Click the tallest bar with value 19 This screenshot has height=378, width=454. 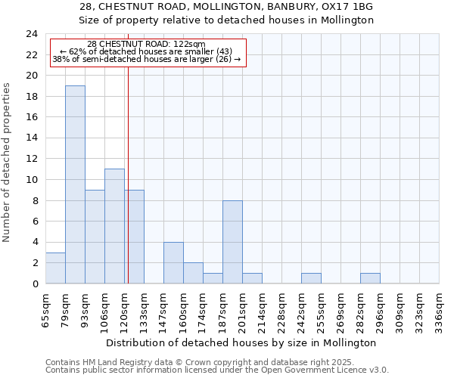coord(75,184)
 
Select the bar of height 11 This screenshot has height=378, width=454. coord(114,226)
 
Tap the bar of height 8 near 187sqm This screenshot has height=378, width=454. coord(232,242)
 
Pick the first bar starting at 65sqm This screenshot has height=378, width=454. coord(55,268)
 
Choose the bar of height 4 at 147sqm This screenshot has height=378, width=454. coord(173,262)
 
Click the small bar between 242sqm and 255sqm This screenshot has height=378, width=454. coord(311,278)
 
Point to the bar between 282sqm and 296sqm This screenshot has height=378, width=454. coord(370,278)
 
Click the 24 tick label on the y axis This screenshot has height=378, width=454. coord(32,34)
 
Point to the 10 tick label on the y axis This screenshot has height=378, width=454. coord(32,180)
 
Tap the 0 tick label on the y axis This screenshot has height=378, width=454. coord(35,283)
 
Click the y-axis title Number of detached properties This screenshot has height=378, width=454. coord(8,163)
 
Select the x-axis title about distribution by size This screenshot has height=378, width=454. coord(242,342)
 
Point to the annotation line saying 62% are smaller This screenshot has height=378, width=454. coord(146,51)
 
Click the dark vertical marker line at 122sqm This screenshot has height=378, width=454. coord(129,151)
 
